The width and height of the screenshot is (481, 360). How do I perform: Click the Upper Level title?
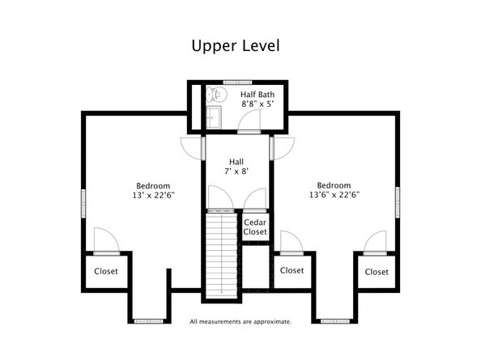(x=236, y=46)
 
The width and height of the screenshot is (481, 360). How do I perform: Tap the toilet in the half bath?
(x=216, y=94)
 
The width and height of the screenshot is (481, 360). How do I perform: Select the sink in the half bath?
(x=213, y=117)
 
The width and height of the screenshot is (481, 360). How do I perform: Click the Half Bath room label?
(x=258, y=95)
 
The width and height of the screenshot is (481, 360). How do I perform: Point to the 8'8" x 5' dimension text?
(x=258, y=104)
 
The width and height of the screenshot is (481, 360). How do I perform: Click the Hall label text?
(x=236, y=162)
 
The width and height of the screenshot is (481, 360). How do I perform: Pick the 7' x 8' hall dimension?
(x=236, y=172)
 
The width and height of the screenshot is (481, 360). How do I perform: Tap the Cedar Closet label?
(x=255, y=227)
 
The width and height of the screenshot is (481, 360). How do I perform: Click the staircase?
(x=222, y=256)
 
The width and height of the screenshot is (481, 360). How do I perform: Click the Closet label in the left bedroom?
(x=106, y=271)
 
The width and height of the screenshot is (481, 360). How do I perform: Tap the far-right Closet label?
(x=377, y=272)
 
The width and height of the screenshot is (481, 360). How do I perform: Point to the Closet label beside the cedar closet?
(x=292, y=270)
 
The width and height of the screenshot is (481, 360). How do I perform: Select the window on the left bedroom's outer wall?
(x=83, y=203)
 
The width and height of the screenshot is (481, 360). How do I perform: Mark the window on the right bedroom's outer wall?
(x=398, y=202)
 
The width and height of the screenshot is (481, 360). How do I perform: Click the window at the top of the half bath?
(x=237, y=83)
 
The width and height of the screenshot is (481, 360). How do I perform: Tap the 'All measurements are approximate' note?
(x=240, y=322)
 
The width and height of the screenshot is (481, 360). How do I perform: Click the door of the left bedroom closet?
(x=106, y=241)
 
